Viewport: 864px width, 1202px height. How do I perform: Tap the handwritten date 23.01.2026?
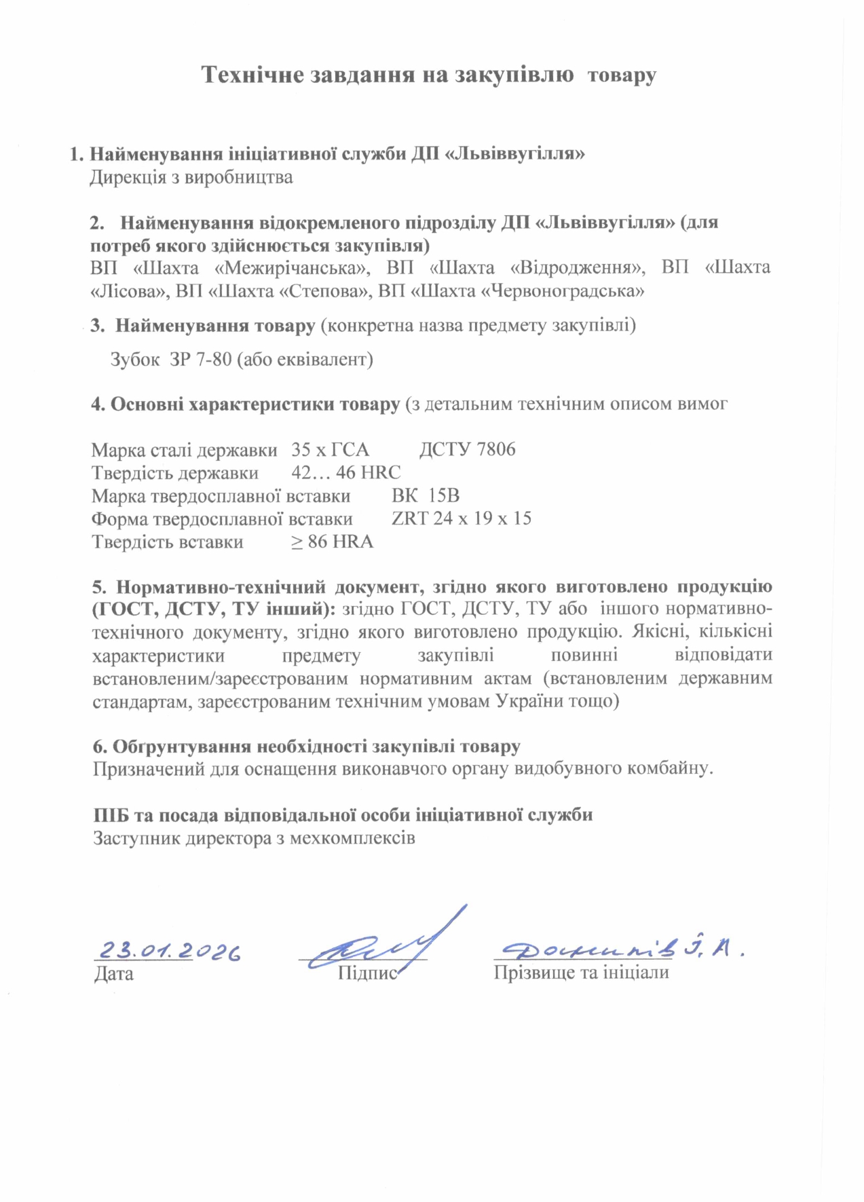pyautogui.click(x=170, y=951)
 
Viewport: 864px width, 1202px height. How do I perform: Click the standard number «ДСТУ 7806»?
pyautogui.click(x=467, y=449)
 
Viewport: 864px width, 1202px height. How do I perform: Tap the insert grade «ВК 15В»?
pyautogui.click(x=425, y=495)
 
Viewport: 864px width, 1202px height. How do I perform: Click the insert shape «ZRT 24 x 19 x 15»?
pyautogui.click(x=462, y=519)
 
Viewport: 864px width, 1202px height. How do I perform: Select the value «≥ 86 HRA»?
pyautogui.click(x=333, y=542)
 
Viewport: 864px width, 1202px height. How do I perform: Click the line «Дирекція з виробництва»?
pyautogui.click(x=191, y=178)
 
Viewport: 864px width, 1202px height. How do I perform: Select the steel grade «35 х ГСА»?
pyautogui.click(x=331, y=449)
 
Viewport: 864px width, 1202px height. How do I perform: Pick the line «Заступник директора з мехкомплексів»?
pyautogui.click(x=254, y=838)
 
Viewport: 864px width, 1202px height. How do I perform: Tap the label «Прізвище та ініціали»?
pyautogui.click(x=581, y=973)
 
